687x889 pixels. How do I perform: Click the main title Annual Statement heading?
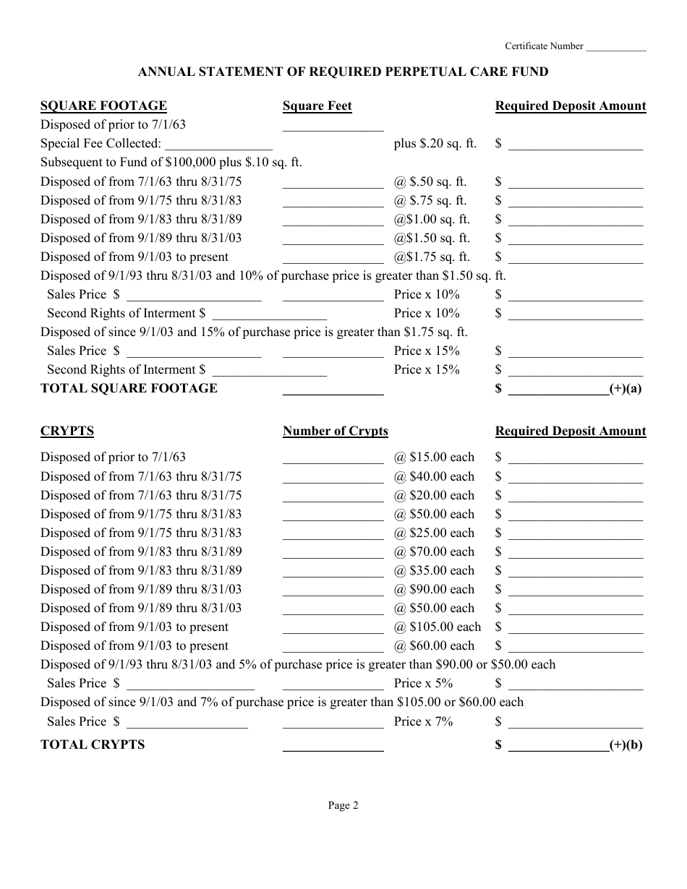pos(343,72)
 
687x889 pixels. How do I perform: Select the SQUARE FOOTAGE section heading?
pos(103,106)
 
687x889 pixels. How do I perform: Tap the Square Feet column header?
pos(317,106)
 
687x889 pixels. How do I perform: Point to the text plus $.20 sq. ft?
pos(435,143)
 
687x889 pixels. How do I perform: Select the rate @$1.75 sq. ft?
pos(432,257)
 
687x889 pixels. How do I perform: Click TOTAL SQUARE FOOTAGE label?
pos(129,388)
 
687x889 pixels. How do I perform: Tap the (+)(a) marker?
pos(626,388)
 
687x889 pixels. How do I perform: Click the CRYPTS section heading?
pos(67,431)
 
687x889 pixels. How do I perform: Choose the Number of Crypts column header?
pos(335,431)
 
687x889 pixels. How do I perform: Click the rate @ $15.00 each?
pos(434,457)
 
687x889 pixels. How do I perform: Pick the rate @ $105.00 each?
pos(437,627)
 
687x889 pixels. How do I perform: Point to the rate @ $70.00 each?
pos(434,551)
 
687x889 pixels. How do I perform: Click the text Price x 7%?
pos(423,721)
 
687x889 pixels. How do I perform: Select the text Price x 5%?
pos(423,683)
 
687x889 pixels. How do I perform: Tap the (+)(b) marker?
pos(626,744)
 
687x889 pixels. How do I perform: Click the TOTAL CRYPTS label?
pos(93,744)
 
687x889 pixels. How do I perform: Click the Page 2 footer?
pos(343,805)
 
